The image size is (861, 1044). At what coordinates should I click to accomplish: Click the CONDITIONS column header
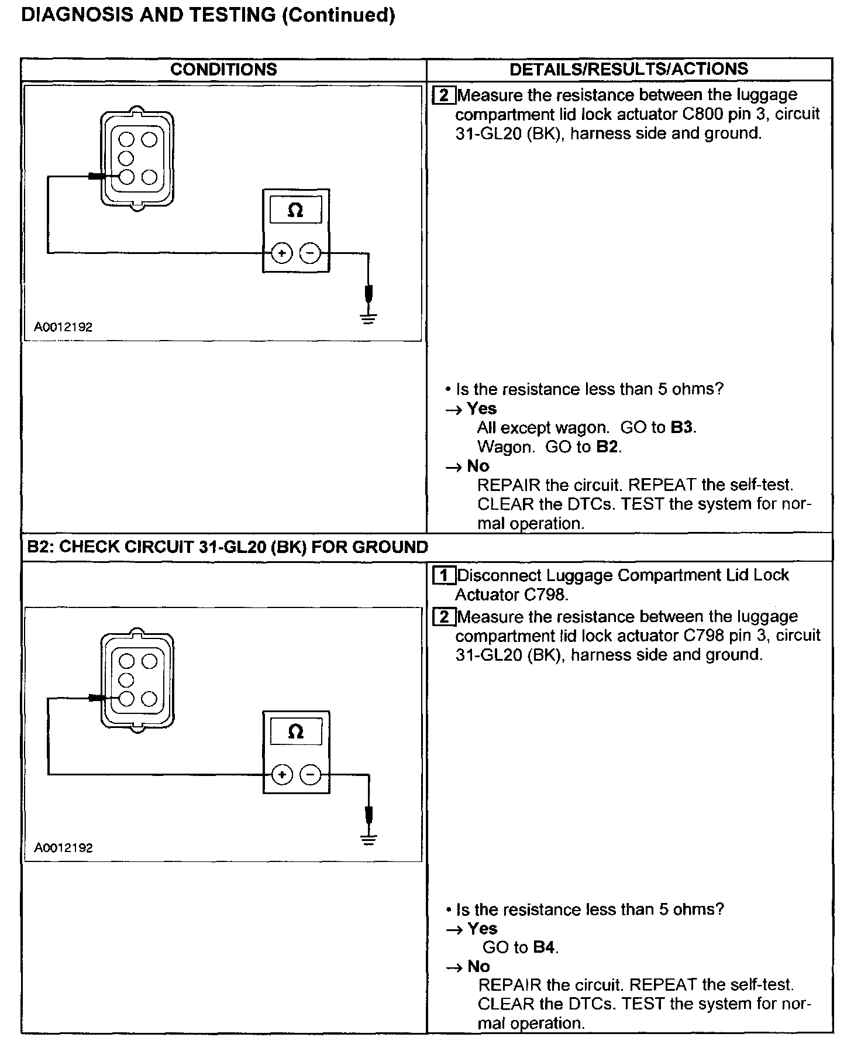[223, 69]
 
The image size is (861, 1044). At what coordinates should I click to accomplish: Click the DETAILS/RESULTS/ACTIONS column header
[629, 69]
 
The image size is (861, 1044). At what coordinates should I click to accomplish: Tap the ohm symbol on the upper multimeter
[295, 211]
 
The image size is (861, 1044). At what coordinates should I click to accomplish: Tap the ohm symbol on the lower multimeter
[296, 732]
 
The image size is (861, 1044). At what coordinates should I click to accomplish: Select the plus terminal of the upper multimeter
[282, 253]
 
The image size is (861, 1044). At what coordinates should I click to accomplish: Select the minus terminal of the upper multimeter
[310, 253]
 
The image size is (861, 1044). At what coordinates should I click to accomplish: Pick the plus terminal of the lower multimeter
[282, 775]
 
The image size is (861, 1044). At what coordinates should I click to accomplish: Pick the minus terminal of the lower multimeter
[310, 775]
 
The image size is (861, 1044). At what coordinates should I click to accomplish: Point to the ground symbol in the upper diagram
[368, 318]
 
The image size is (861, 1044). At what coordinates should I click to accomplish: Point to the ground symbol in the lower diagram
[368, 839]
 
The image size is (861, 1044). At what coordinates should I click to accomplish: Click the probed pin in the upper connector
[126, 176]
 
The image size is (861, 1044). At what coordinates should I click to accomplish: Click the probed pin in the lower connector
[126, 698]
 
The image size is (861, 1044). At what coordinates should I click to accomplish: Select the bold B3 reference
[682, 427]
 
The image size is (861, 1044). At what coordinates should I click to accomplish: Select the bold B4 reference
[544, 947]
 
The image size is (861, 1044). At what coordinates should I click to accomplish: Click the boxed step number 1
[444, 576]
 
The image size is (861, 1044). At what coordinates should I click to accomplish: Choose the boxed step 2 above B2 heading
[444, 95]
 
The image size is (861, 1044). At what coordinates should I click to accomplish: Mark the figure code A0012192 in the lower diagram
[63, 848]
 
